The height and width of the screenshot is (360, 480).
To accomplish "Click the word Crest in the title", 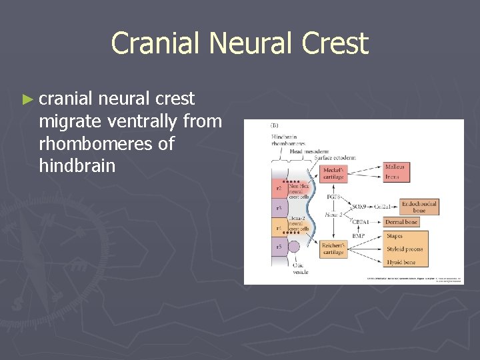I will (x=335, y=43).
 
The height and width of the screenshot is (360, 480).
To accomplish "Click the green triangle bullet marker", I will (x=27, y=99).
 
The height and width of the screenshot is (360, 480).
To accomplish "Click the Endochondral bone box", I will (x=419, y=207).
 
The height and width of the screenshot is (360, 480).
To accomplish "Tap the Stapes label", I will (x=395, y=235).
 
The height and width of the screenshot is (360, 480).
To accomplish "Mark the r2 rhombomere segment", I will (x=278, y=189).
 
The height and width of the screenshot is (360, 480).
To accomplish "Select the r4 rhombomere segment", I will (x=278, y=228).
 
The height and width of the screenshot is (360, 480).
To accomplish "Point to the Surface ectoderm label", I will (x=335, y=158).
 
